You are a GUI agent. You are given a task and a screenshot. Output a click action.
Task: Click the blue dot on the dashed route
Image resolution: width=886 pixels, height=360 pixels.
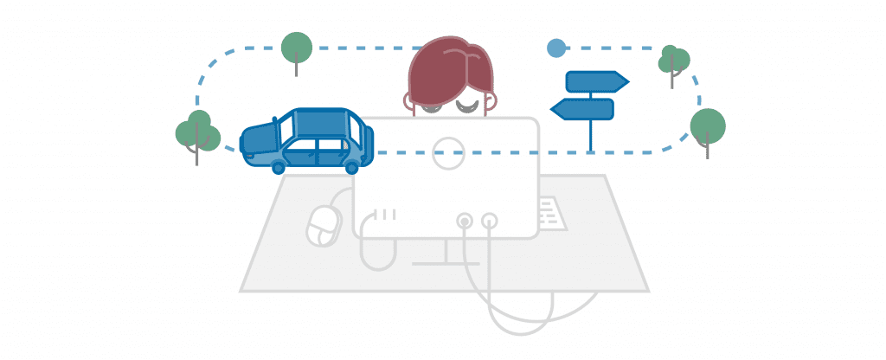click(556, 48)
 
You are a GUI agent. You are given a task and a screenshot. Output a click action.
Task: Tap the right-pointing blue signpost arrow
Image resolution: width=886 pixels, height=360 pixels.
click(595, 81)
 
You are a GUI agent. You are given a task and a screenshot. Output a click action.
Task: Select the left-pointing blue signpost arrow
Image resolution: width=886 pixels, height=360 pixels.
click(583, 109)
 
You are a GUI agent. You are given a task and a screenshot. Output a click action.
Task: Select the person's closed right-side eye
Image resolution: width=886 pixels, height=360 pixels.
click(468, 106)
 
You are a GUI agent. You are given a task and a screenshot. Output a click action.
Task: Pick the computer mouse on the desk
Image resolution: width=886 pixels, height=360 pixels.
click(324, 227)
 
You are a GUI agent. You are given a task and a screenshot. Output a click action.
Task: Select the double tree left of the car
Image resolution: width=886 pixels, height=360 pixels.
click(197, 132)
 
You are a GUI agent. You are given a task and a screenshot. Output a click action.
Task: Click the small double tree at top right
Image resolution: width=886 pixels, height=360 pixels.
click(673, 60)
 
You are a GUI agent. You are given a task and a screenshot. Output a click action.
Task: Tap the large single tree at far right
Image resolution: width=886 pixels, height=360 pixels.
click(708, 125)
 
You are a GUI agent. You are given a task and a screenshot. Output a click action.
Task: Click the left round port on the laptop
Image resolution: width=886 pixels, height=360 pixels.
click(465, 222)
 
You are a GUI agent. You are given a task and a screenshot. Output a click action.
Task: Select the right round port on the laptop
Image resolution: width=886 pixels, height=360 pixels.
click(490, 222)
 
